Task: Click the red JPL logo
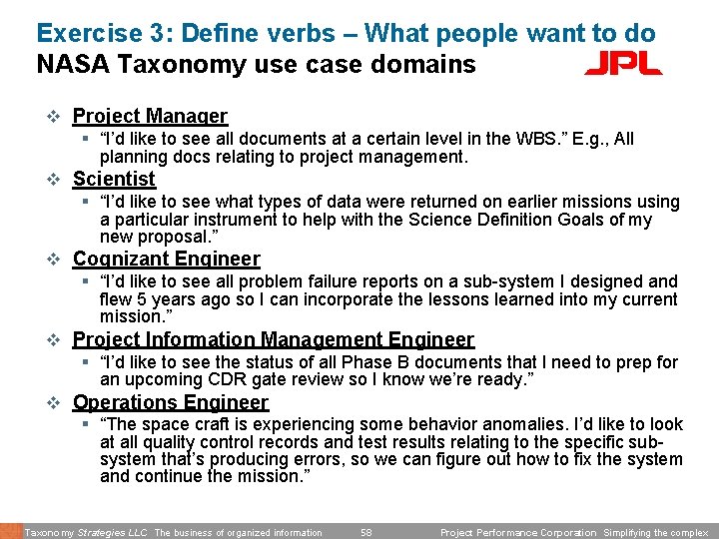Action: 622,65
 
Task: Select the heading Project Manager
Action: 150,116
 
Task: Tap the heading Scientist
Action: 114,179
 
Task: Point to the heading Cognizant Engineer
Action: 166,259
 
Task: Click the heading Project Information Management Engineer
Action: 273,340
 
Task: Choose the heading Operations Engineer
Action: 170,402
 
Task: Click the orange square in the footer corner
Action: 10,531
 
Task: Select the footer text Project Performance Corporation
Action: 517,533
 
